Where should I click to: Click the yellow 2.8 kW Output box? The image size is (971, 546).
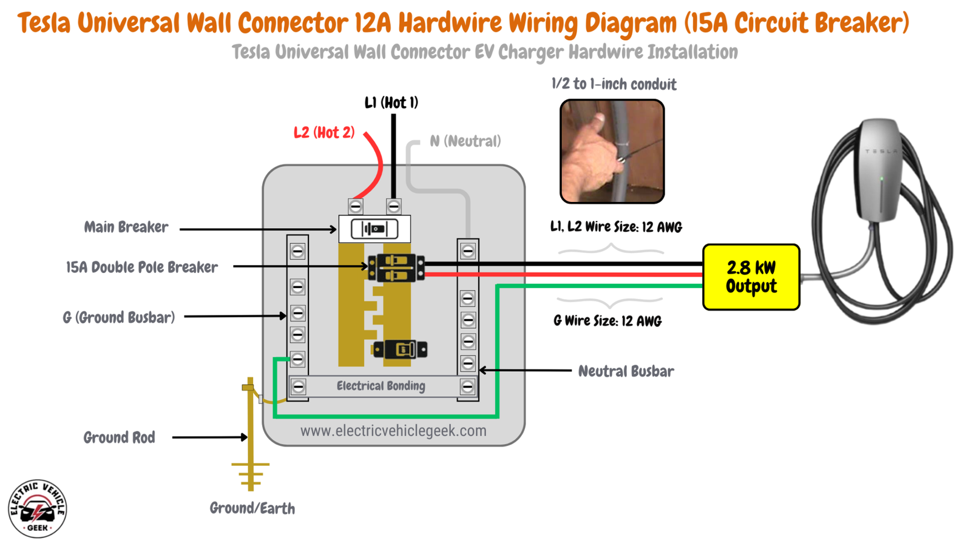point(751,277)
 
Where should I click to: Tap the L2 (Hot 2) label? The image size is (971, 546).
point(323,133)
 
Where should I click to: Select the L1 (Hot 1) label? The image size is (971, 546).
point(391,103)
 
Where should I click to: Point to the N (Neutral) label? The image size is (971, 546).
point(465,141)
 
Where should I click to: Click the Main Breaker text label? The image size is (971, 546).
point(126,227)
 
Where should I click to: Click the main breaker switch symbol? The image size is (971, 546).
point(374,229)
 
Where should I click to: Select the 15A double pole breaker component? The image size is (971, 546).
point(396,268)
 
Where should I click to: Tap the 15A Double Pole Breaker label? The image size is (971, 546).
point(141,268)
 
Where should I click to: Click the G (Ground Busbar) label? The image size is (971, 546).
point(119,317)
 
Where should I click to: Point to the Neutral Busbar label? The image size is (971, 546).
point(625,371)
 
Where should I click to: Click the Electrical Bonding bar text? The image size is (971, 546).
point(381,386)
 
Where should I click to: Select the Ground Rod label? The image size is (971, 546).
point(119,437)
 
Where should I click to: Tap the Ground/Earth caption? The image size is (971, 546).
point(252,508)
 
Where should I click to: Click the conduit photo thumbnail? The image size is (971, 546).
point(612,152)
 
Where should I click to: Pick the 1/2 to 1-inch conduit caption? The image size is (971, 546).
point(614,84)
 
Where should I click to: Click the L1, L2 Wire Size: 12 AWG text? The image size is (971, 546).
point(615,227)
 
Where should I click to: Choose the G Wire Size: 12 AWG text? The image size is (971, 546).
point(607,321)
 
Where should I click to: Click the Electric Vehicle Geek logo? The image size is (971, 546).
point(38,508)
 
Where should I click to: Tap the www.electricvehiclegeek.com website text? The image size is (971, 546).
point(393,431)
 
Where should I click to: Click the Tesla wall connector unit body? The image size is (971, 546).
point(878,170)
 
